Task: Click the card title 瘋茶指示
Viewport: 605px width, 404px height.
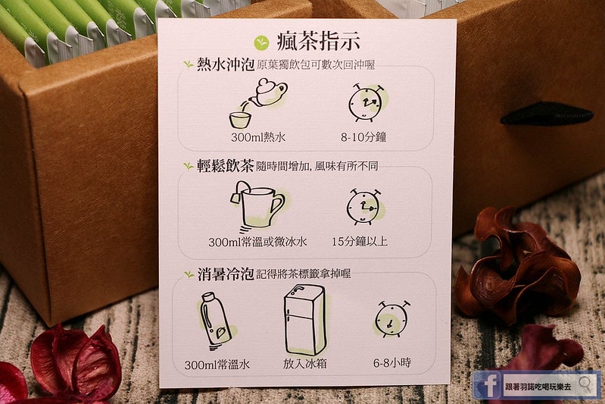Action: [x=318, y=42]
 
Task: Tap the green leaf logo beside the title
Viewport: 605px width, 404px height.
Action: [x=261, y=42]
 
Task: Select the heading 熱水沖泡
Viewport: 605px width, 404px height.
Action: [x=226, y=64]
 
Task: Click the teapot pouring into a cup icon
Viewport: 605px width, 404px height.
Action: [x=258, y=103]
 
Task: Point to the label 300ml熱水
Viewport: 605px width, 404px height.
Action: [x=258, y=137]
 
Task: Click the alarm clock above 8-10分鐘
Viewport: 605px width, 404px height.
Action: [x=366, y=103]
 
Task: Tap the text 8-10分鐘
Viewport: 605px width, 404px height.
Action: [x=363, y=137]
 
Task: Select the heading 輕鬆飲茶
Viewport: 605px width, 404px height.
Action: [x=226, y=166]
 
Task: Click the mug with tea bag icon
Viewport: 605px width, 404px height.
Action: [x=257, y=207]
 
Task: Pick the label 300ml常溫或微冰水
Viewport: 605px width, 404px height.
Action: [x=257, y=242]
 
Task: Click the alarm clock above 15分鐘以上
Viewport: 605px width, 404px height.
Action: [x=364, y=207]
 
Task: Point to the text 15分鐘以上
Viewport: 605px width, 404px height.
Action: [x=360, y=241]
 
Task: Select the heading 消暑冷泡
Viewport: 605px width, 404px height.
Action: [x=226, y=274]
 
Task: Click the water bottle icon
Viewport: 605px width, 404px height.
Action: [x=217, y=321]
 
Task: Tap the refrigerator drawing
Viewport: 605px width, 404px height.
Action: [x=306, y=320]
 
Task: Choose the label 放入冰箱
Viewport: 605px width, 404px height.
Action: [x=305, y=364]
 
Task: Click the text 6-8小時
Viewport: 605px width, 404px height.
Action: [x=392, y=363]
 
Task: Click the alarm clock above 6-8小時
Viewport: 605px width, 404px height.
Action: [x=392, y=319]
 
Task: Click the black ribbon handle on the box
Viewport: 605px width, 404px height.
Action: [x=547, y=114]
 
